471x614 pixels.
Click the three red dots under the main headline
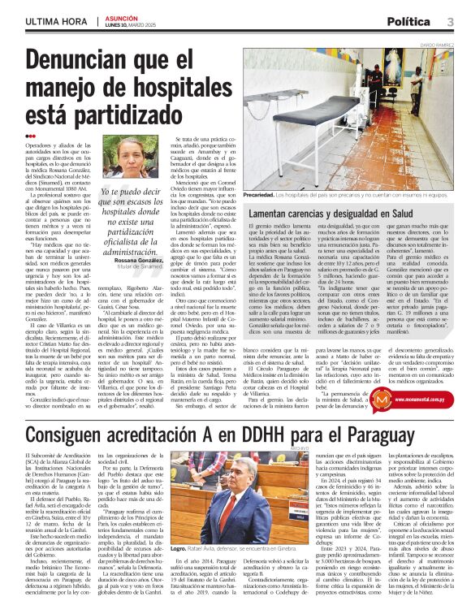coord(30,136)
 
